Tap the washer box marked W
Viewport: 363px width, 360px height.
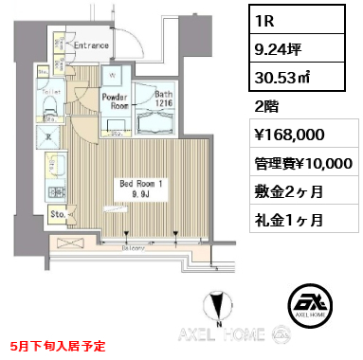(112, 77)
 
